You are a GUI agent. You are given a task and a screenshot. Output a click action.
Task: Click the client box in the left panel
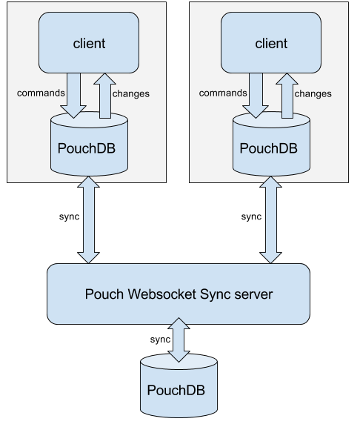tap(89, 42)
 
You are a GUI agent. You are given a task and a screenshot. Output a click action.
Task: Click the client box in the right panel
tap(271, 42)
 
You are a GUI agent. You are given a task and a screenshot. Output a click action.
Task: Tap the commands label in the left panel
tap(41, 93)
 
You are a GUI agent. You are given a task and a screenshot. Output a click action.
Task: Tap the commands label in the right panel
tap(223, 93)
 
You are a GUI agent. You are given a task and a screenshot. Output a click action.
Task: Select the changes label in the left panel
tap(131, 94)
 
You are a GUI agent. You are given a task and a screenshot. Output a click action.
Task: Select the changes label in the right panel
tap(313, 94)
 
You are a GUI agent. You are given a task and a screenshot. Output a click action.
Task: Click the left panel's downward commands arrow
tap(73, 96)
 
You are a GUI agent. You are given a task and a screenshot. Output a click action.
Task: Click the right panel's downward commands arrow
tap(256, 96)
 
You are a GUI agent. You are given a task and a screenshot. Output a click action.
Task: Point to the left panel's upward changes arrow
tap(105, 96)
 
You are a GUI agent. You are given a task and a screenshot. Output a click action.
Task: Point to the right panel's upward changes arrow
tap(287, 96)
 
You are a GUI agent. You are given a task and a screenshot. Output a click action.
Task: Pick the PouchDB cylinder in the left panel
tap(89, 144)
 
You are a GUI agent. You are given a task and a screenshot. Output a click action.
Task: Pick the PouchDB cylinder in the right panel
tap(271, 144)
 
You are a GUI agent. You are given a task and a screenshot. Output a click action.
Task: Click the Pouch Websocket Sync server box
tap(179, 294)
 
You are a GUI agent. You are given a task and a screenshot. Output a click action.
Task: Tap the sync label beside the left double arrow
tap(70, 216)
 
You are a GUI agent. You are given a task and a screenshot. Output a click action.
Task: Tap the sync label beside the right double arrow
tap(252, 216)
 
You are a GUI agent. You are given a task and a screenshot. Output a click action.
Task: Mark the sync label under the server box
tap(160, 340)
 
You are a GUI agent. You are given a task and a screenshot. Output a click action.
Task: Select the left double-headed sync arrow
tap(88, 220)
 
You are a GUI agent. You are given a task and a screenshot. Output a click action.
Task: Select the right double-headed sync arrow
tap(270, 220)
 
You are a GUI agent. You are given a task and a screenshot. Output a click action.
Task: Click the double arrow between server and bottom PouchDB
tap(179, 340)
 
